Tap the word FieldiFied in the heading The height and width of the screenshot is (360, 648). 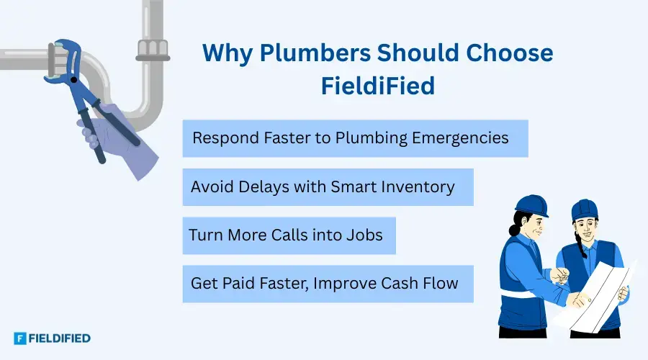click(x=377, y=86)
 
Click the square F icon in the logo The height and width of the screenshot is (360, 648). click(x=20, y=338)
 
